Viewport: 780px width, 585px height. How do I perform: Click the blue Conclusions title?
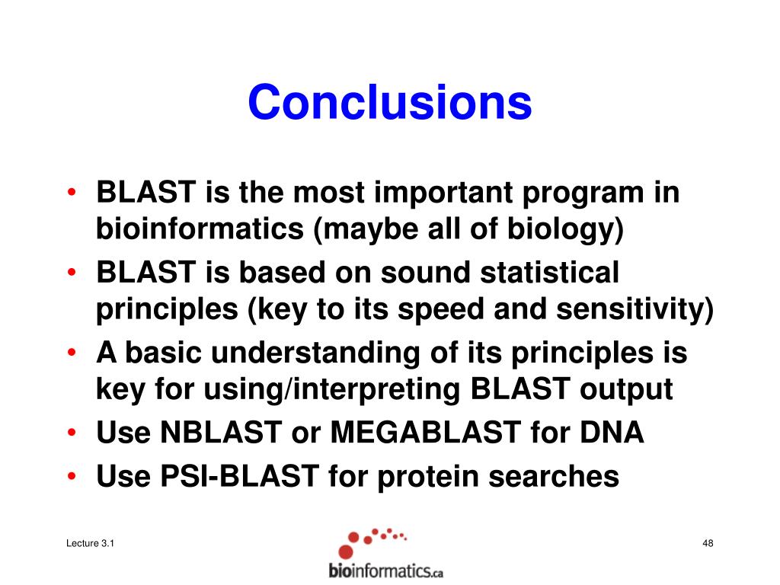point(390,103)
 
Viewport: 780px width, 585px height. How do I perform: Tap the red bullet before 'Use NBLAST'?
point(72,433)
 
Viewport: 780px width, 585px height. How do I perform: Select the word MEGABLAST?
point(426,432)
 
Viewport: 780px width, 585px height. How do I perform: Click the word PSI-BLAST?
point(239,475)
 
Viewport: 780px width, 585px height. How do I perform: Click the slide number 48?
point(708,543)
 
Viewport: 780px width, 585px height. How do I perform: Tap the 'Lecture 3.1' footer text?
point(90,543)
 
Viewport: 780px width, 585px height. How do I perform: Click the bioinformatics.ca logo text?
point(386,571)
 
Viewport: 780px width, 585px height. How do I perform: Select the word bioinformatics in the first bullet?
point(200,229)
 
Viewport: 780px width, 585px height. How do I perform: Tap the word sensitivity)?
point(635,309)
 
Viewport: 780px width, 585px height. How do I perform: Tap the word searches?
point(554,476)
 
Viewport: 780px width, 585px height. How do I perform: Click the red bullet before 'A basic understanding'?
point(72,352)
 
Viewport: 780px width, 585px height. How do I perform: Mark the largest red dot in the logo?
point(346,551)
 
